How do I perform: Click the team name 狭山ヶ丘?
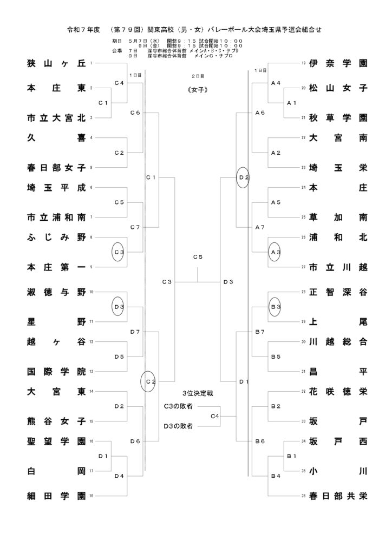click(x=56, y=63)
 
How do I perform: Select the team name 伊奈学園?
click(x=338, y=63)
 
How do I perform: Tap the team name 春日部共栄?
click(x=338, y=496)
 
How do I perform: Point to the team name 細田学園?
click(x=56, y=496)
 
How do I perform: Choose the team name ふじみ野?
click(x=56, y=237)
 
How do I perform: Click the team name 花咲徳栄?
click(x=338, y=392)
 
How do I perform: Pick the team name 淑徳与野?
click(x=56, y=292)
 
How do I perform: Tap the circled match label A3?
click(x=276, y=252)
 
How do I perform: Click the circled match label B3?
click(x=276, y=307)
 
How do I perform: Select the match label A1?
click(x=292, y=103)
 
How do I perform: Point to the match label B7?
click(x=260, y=332)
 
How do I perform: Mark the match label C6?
click(x=135, y=113)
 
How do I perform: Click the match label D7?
click(x=135, y=332)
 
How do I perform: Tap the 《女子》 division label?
click(x=198, y=90)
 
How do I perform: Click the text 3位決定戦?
click(x=198, y=393)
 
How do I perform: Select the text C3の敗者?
click(x=179, y=406)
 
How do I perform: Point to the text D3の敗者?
click(x=179, y=426)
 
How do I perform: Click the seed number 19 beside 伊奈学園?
click(x=303, y=63)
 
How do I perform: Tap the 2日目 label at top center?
click(x=198, y=76)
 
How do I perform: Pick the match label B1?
click(x=292, y=456)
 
